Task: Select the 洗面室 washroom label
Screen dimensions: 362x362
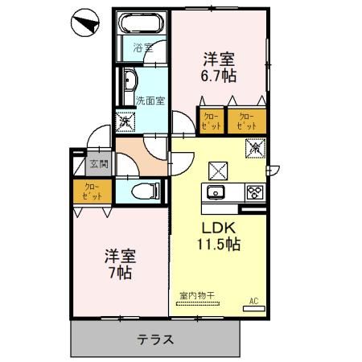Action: point(150,101)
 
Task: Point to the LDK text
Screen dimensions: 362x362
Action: point(216,228)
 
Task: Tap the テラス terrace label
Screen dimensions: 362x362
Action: point(155,339)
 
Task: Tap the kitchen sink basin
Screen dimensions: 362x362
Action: point(216,192)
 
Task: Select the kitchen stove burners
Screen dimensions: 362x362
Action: point(254,192)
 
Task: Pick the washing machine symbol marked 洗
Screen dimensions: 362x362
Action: point(126,122)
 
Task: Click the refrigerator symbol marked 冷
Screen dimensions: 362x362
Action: point(253,149)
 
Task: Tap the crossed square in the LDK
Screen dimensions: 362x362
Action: point(218,170)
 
